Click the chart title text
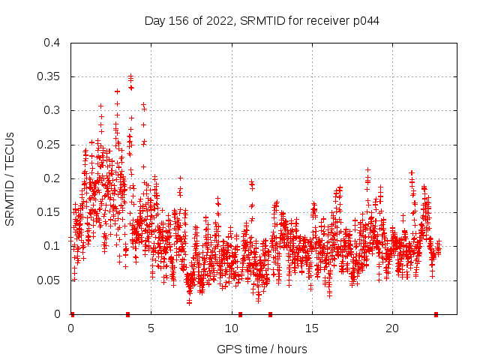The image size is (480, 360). [x=261, y=20]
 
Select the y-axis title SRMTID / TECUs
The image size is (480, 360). [x=10, y=178]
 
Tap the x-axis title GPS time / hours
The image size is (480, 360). [x=261, y=349]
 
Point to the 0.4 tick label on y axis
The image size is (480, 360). [x=51, y=43]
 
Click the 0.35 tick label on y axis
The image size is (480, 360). [x=48, y=76]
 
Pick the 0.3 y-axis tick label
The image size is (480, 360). [x=51, y=110]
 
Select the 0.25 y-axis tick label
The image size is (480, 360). [x=48, y=145]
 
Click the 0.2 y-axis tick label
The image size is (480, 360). [x=51, y=178]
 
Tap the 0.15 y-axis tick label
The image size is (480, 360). [x=48, y=212]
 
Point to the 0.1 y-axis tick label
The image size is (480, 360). [x=51, y=246]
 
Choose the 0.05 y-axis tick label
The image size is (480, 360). [x=48, y=280]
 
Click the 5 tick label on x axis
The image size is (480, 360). [x=151, y=328]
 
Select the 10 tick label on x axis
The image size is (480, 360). [x=232, y=328]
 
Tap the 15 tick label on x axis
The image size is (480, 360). [x=312, y=328]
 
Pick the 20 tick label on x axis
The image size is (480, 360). [x=392, y=328]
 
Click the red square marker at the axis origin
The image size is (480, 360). [x=72, y=314]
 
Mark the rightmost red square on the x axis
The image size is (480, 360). [x=436, y=314]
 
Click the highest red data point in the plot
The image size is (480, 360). [x=130, y=76]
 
